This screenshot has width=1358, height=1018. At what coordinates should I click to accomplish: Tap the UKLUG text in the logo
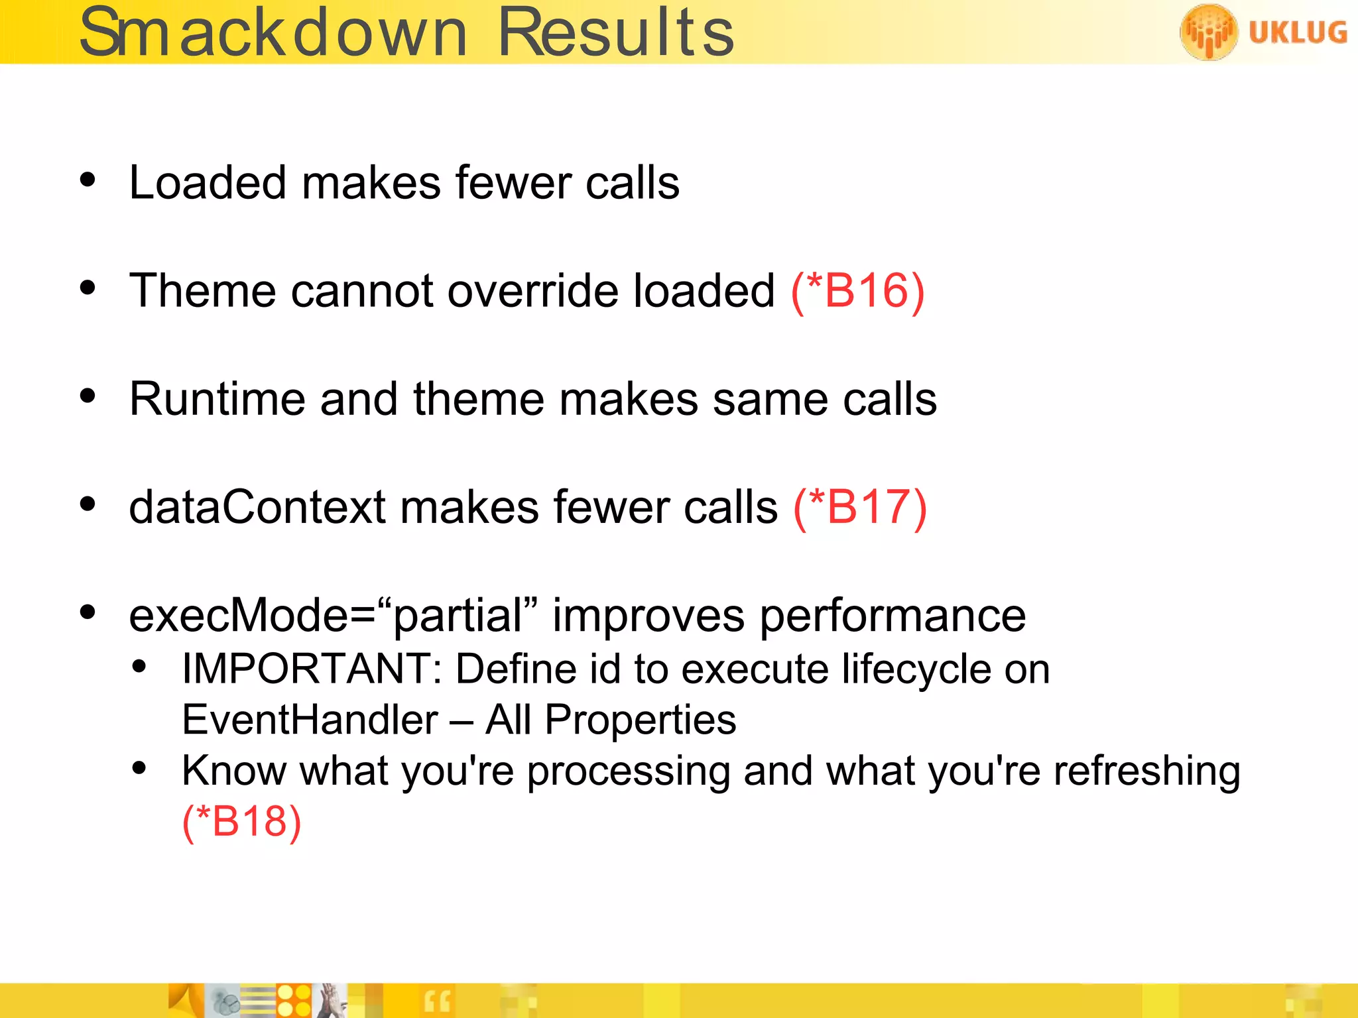click(1297, 32)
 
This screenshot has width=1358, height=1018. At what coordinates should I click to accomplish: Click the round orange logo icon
click(1208, 32)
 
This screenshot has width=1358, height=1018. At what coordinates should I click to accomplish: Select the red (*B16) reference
click(857, 292)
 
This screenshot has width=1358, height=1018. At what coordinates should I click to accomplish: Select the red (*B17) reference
click(860, 508)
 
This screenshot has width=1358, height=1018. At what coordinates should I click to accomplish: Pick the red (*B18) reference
click(241, 822)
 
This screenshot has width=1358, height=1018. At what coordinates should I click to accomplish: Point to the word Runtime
click(217, 400)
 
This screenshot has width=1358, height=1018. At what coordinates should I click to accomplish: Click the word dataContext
click(257, 508)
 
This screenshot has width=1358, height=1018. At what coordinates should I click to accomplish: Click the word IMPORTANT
click(306, 669)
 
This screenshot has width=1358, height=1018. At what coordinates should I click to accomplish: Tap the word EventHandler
click(310, 720)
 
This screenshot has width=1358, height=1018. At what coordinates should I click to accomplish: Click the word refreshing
click(1146, 772)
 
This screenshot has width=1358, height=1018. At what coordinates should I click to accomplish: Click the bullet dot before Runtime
click(88, 396)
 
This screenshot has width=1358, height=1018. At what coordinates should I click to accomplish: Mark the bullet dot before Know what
click(139, 768)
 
